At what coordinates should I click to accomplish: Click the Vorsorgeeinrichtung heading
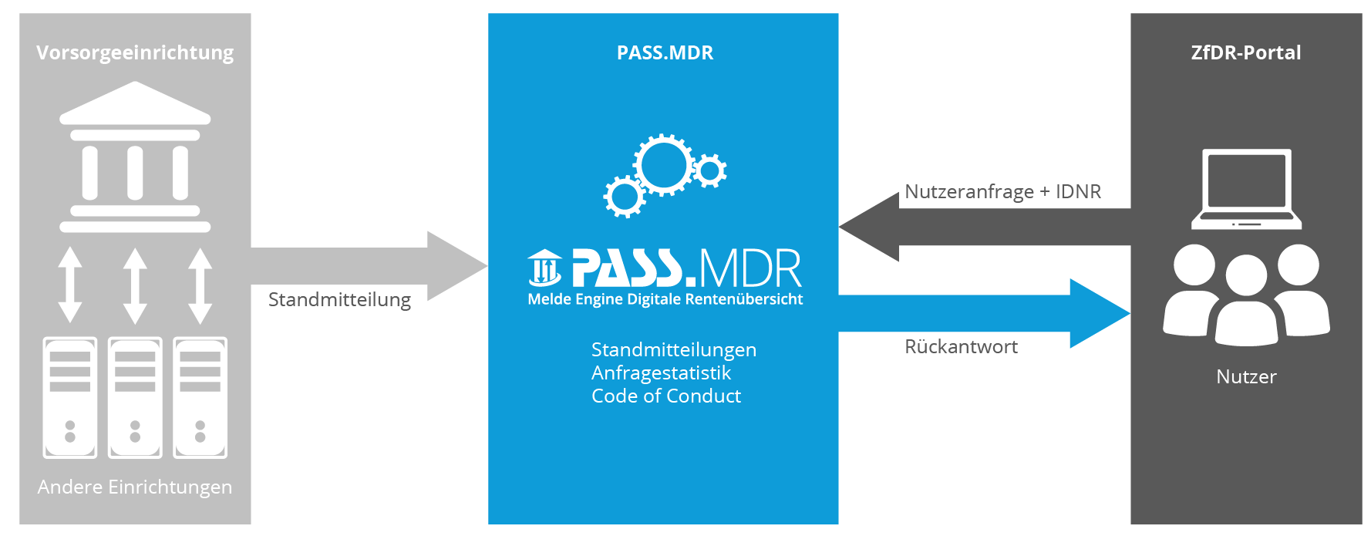[135, 52]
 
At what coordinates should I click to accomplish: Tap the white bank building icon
[135, 158]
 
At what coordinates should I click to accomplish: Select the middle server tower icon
[135, 397]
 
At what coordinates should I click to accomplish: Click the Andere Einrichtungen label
[135, 487]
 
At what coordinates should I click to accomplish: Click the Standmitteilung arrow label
[339, 299]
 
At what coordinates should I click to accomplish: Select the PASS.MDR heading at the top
[665, 52]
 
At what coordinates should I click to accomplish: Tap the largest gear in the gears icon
[663, 164]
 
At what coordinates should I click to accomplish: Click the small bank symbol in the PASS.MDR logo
[545, 268]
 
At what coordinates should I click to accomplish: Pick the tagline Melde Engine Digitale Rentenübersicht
[665, 299]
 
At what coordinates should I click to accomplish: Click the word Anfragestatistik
[661, 373]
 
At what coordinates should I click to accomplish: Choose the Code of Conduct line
[666, 396]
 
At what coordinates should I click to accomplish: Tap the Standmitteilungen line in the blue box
[674, 349]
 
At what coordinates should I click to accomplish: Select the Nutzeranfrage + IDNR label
[1002, 191]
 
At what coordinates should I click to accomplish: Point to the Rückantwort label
[961, 346]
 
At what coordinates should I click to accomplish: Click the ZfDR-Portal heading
[1246, 52]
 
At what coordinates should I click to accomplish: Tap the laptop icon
[1246, 189]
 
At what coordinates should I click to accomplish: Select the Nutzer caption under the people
[1246, 376]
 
